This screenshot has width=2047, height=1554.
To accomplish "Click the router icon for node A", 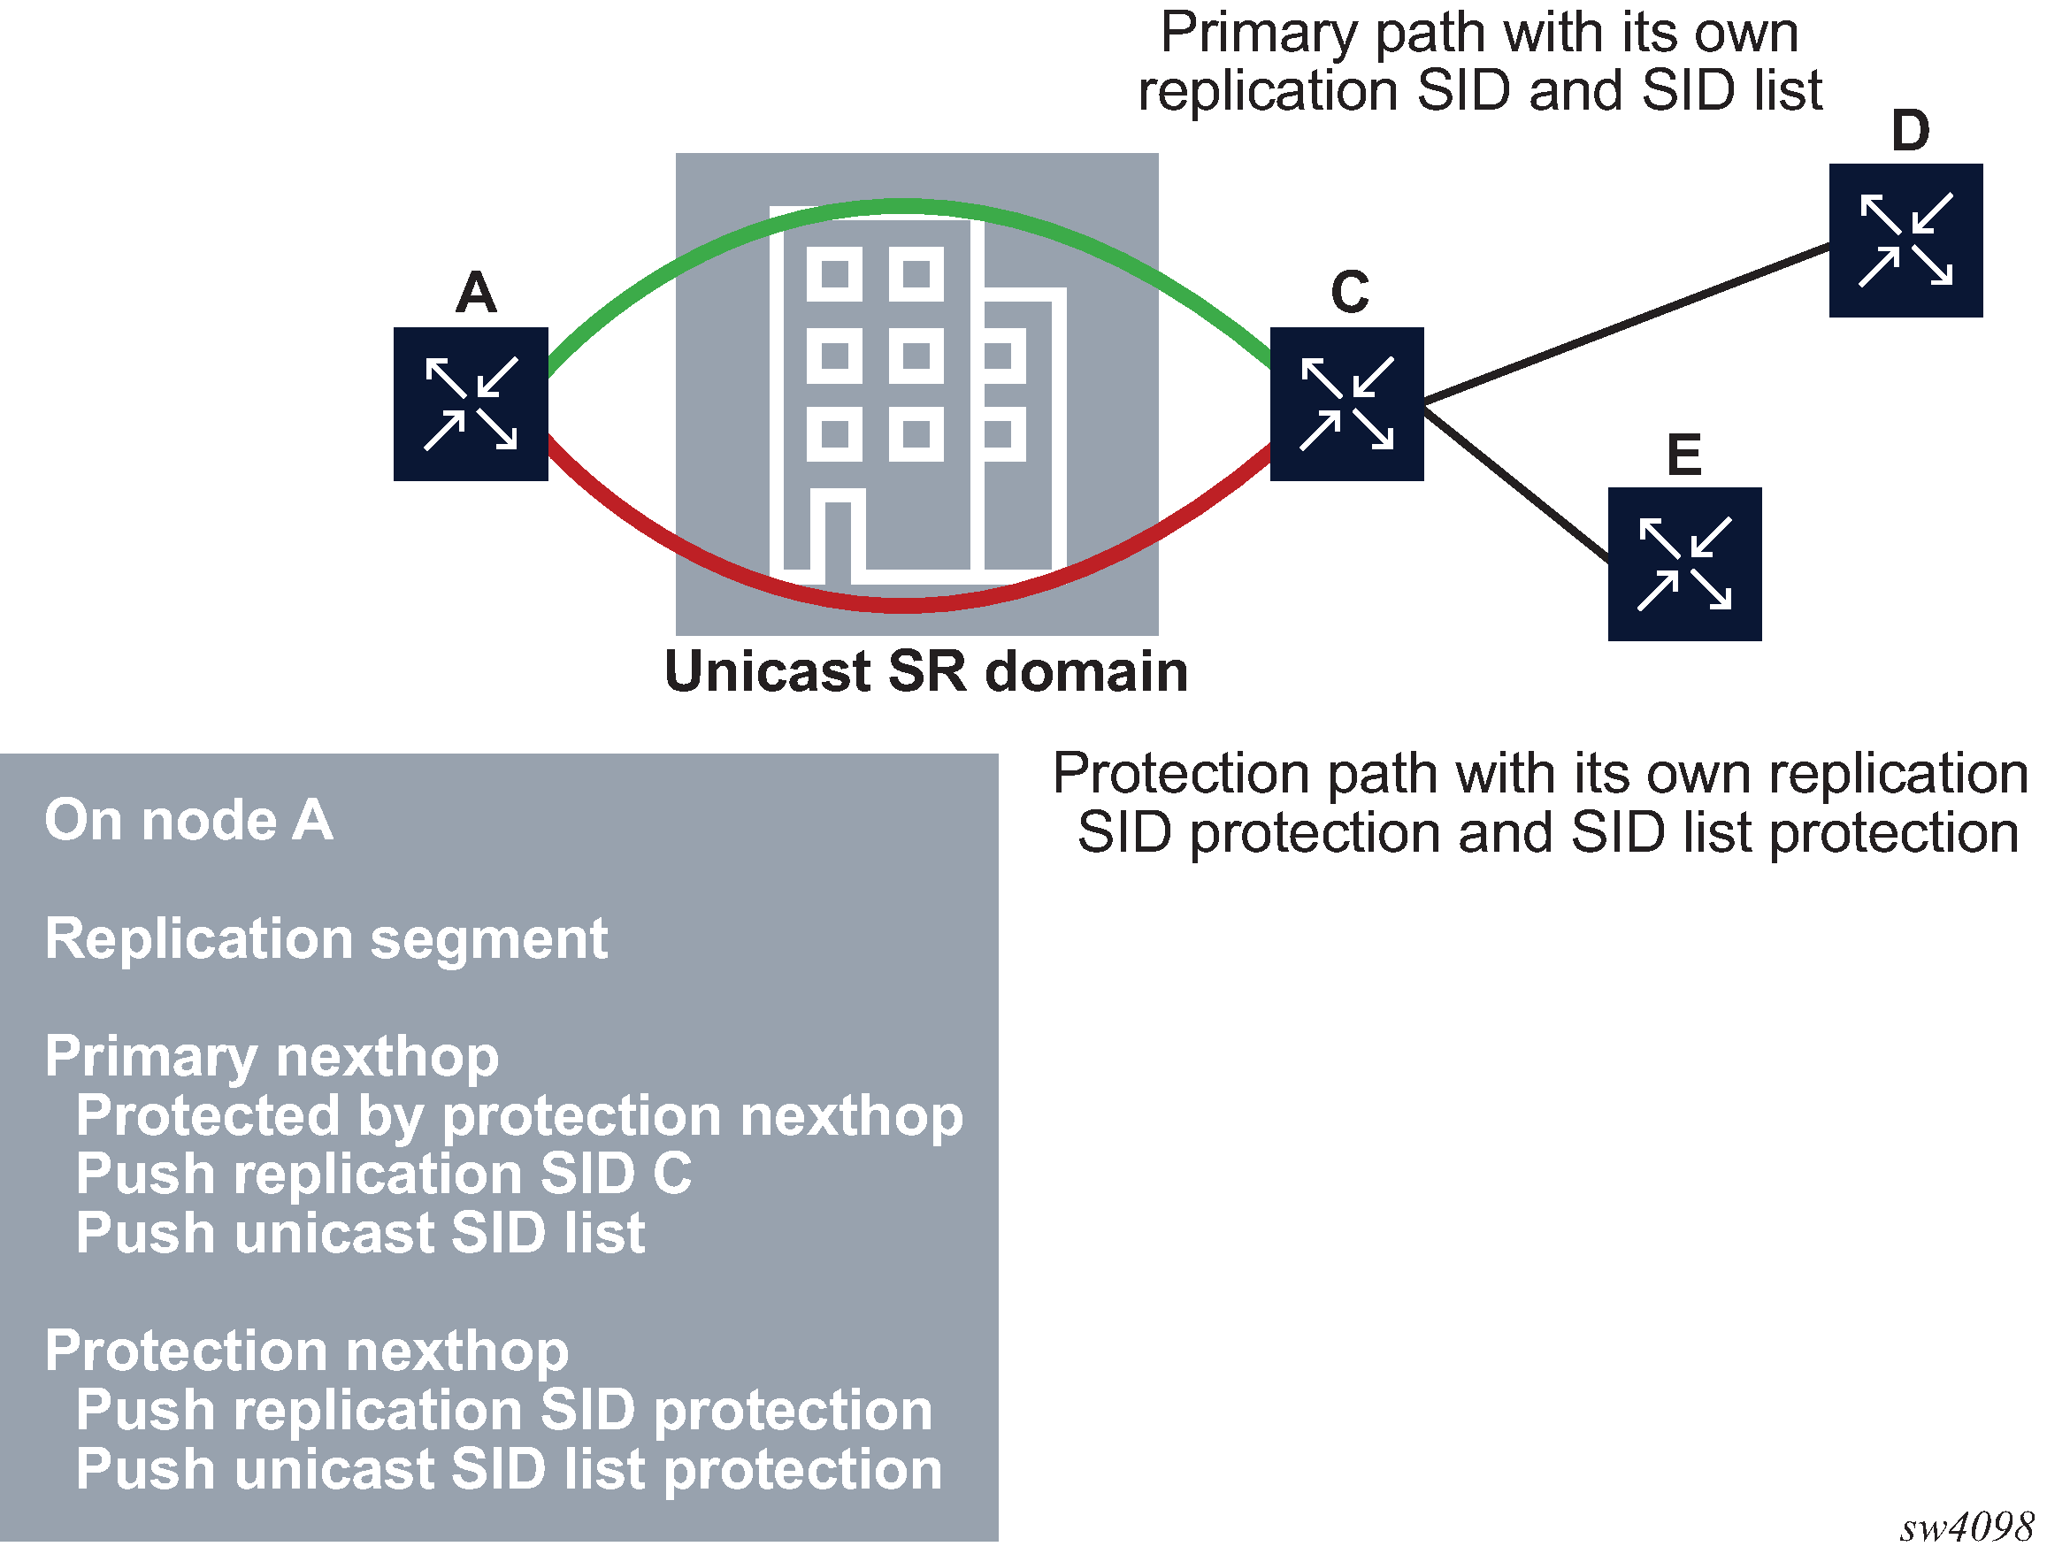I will coord(470,404).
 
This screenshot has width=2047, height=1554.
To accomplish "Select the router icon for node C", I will coord(1346,404).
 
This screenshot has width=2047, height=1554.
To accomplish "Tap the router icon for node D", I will coord(1905,241).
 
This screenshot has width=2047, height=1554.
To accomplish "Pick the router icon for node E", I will coord(1684,564).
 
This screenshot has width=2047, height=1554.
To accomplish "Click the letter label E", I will coord(1684,455).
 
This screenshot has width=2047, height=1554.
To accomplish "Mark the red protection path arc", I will coord(902,606).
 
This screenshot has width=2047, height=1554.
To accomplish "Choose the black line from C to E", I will coord(1518,486).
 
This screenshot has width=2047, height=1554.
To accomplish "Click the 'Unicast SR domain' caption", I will coord(925,671).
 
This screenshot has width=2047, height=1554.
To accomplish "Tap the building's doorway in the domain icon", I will coord(838,541).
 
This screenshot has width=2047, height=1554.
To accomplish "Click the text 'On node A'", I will coord(188,821).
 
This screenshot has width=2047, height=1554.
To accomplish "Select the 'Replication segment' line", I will coord(326,939).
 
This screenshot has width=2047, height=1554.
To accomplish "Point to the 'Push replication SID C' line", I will coord(383,1174).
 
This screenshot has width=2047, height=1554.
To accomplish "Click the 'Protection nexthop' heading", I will coord(306,1351).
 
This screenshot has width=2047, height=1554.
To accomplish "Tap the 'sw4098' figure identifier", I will coord(1966,1527).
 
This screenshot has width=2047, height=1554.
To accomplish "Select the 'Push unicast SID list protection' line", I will coord(508,1470).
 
